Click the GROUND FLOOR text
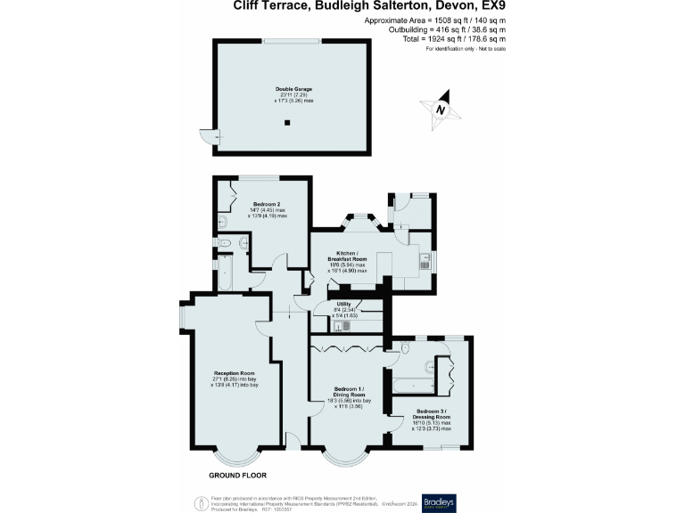[237, 475]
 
